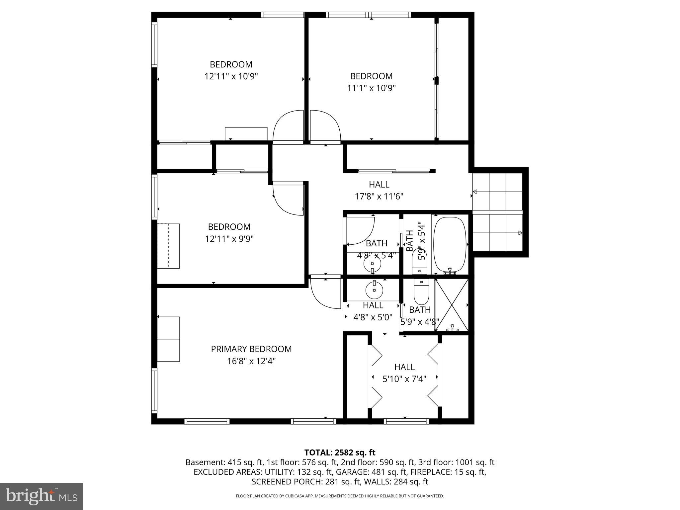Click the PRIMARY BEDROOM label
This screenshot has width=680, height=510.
251,349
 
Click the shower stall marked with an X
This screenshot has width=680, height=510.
452,305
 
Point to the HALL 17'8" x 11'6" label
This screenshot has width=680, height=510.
379,190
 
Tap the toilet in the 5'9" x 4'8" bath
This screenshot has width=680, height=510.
421,292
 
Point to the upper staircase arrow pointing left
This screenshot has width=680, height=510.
475,192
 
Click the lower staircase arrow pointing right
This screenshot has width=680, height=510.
520,233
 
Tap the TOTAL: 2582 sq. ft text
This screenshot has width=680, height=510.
340,453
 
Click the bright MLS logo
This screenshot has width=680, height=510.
41,496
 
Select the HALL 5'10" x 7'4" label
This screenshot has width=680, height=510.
404,373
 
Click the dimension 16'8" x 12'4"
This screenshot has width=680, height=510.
251,361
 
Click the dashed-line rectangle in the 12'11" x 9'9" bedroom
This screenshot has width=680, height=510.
168,246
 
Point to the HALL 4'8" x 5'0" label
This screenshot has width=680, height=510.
373,311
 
